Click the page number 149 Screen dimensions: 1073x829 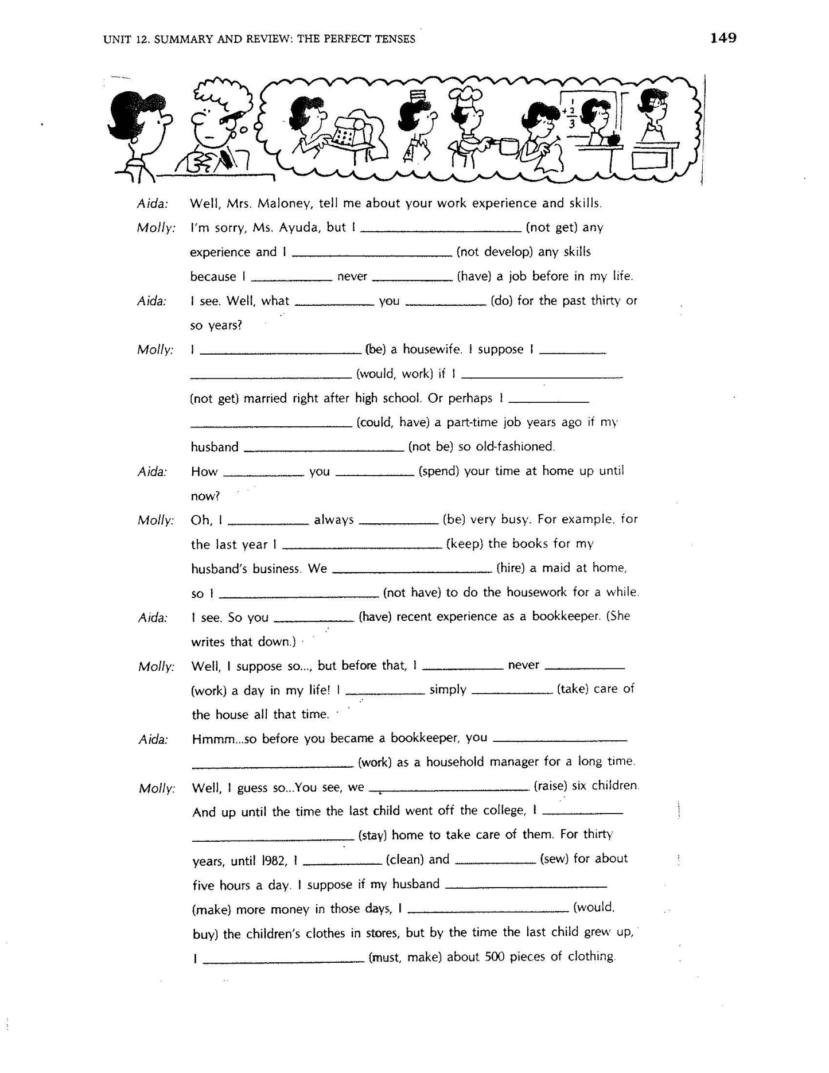pos(723,38)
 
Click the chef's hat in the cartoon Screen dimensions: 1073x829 pos(461,95)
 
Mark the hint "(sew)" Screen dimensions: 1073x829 pos(555,859)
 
